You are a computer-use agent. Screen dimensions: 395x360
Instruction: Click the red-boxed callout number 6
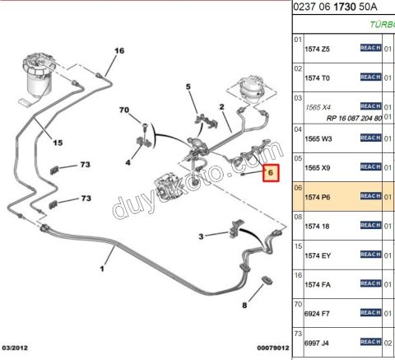click(x=271, y=173)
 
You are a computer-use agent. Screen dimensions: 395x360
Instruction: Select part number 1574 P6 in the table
click(x=318, y=197)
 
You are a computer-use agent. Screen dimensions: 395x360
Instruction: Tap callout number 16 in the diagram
click(x=119, y=50)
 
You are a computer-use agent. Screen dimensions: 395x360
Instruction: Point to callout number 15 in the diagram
click(x=58, y=143)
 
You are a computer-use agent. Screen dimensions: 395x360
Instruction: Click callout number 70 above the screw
click(x=124, y=110)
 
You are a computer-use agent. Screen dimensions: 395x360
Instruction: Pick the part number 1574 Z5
click(x=317, y=49)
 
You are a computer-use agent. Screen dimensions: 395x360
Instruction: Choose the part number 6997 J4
click(x=317, y=343)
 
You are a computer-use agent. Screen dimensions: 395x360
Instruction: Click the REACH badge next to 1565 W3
click(x=370, y=138)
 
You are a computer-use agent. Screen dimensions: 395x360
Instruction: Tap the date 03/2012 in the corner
click(x=15, y=348)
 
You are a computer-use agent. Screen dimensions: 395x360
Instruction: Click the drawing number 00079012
click(x=273, y=348)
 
